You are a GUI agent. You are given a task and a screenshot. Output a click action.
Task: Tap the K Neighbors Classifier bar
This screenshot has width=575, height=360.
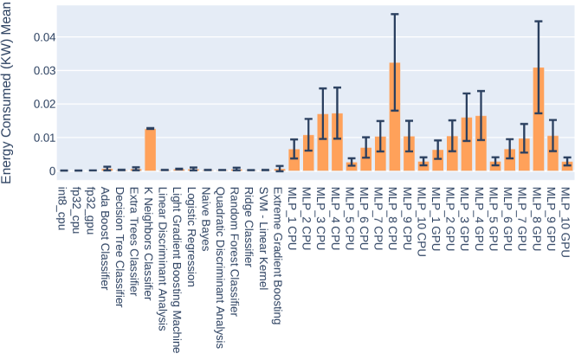coord(149,150)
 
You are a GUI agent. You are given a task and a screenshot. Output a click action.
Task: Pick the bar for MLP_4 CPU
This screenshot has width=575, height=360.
coord(337,142)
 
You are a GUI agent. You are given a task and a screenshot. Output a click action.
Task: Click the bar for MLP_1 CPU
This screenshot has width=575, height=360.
coord(294,160)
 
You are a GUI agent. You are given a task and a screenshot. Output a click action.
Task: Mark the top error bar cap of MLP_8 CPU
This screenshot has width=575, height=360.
coord(394,14)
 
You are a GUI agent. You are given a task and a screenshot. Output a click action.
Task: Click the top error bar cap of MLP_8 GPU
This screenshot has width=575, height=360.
coord(538,21)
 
